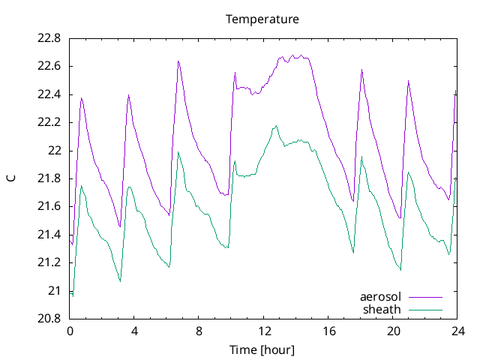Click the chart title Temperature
pos(262,19)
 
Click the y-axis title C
pos(10,178)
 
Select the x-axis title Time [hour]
pos(262,350)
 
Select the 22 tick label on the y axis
pos(55,151)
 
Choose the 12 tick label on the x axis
pos(264,331)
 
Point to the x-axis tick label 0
pos(70,331)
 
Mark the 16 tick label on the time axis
pos(328,331)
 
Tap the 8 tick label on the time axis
pos(199,331)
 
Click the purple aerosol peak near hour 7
pos(178,61)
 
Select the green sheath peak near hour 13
pos(276,126)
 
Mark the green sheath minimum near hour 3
pos(120,281)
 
